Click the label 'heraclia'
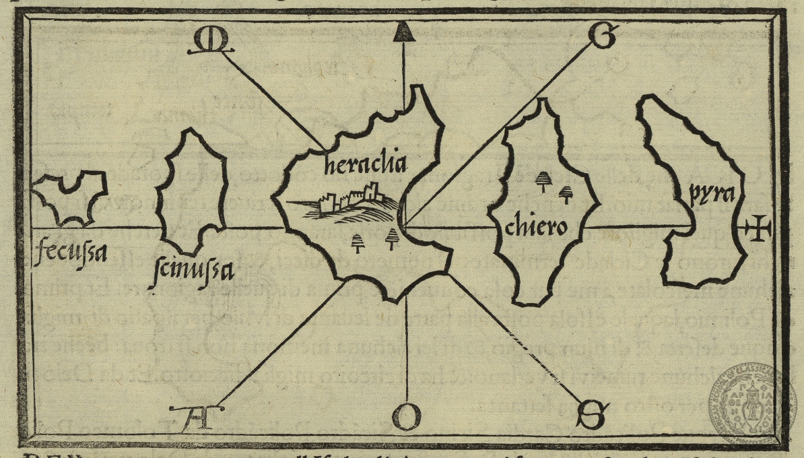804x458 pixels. coord(365,164)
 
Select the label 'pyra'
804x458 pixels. coord(711,195)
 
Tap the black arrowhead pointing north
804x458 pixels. coord(403,32)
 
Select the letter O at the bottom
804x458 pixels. coord(406,416)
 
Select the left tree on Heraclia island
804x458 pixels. coord(358,243)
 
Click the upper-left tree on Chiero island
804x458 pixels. coord(543,180)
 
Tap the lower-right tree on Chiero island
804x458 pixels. coord(567,194)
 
